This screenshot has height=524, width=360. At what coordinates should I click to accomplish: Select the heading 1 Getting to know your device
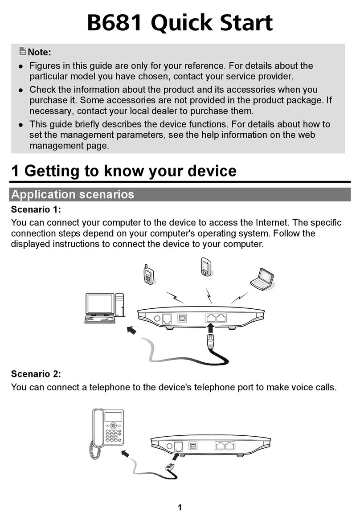123,171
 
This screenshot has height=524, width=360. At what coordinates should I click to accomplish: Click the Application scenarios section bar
180,195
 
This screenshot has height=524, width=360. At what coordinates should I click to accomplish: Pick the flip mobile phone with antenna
149,275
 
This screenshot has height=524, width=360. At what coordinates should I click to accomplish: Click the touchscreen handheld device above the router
206,266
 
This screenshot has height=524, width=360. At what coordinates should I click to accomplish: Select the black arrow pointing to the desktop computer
132,330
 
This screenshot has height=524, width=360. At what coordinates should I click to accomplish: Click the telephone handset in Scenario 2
97,428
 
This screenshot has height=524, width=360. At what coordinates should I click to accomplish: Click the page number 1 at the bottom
180,508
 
